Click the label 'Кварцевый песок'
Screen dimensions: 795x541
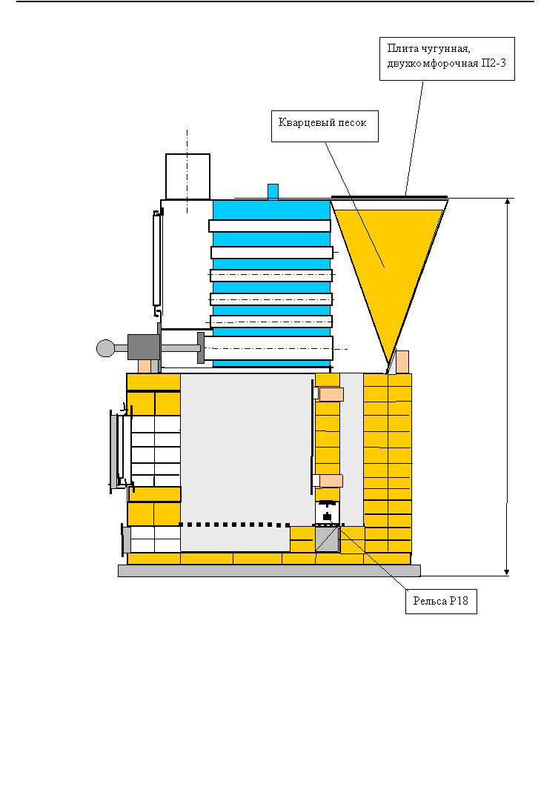323,122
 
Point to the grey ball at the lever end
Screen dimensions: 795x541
106,347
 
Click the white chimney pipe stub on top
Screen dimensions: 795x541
187,176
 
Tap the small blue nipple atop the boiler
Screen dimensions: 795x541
273,191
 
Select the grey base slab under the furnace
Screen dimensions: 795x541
269,571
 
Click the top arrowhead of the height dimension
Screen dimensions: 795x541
507,202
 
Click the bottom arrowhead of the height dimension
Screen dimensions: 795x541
507,571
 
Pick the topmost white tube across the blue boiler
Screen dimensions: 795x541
270,225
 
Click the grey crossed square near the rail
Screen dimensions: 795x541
326,539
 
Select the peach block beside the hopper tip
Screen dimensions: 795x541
402,362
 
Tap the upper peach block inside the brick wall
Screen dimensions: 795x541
331,394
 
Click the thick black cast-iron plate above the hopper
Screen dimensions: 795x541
390,196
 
